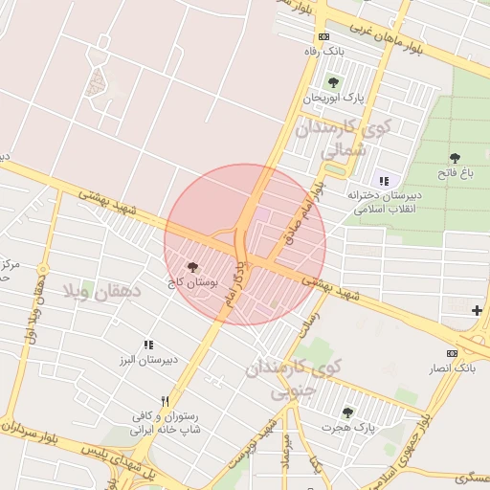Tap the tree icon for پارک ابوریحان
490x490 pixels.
click(333, 83)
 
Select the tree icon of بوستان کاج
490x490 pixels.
click(193, 268)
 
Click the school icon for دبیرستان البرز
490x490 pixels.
click(148, 345)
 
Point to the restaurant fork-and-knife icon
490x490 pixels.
click(166, 402)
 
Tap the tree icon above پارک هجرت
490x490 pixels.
click(347, 412)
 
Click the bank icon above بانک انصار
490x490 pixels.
click(452, 352)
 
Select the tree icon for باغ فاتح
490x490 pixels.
click(454, 158)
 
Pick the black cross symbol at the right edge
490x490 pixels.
click(477, 309)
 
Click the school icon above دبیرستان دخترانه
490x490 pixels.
click(384, 180)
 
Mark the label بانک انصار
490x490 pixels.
click(452, 367)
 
